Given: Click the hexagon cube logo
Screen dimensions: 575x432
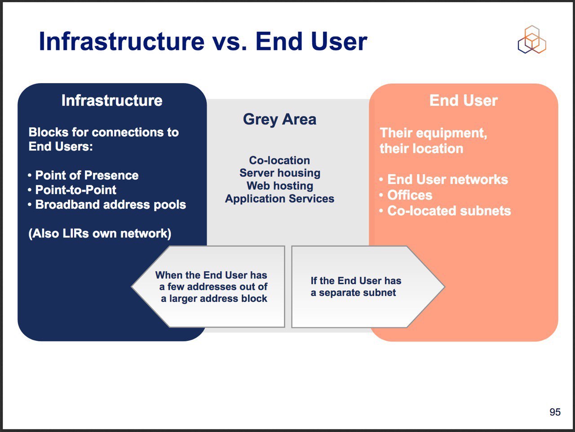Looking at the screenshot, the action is coord(532,39).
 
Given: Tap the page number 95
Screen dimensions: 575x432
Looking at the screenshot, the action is coord(555,412).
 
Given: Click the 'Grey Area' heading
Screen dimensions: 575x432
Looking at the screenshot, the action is coord(279,119).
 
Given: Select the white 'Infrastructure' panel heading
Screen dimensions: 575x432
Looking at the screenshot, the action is coord(112,100).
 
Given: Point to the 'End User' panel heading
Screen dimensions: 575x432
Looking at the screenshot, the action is coord(464,100).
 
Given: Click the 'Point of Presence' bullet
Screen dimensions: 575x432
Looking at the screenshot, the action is coord(83,175).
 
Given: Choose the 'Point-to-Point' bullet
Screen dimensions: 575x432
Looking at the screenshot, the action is coord(72,190).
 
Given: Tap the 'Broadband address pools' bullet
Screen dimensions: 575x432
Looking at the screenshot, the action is coord(107,204).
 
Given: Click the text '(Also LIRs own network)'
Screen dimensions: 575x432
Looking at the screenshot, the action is coord(100,234).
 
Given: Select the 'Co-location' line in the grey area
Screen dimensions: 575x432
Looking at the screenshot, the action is coord(279,160).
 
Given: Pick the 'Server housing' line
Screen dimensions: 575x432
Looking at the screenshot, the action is coord(280,173).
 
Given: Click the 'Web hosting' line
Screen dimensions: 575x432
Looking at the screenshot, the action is coord(280,186).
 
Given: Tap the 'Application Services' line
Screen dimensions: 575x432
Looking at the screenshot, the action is coord(279,199).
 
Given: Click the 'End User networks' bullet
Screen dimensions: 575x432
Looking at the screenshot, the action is coord(443,180).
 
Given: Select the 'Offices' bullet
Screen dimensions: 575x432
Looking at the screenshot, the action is coord(406,195).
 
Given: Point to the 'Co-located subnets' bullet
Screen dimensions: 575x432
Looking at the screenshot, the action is coord(445,211).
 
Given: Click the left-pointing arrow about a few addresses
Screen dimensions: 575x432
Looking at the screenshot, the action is coord(208,287).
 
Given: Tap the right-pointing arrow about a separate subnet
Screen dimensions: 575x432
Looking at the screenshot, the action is coord(368,287).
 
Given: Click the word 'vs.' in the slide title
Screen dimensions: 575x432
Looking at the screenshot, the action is coord(229,41).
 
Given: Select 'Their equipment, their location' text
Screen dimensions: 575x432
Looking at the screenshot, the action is coord(433,141).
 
